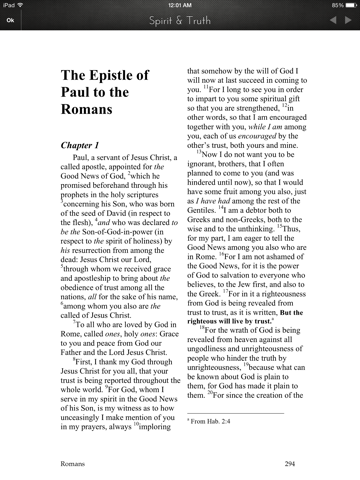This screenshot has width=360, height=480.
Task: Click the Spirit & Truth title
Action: click(x=180, y=19)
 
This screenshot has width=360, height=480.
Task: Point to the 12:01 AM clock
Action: click(x=180, y=5)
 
